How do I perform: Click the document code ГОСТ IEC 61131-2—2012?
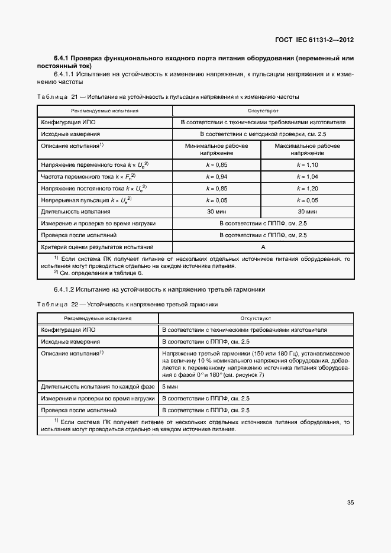314,40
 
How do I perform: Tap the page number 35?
350,503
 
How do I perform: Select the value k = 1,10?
308,166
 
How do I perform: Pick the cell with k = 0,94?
217,177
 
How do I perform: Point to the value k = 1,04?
308,177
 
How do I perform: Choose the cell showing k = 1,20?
308,189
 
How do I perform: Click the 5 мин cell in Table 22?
169,387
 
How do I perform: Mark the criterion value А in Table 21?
263,247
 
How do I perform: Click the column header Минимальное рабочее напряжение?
217,149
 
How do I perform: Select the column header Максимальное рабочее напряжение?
308,149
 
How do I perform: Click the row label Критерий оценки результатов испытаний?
96,247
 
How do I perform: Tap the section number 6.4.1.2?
66,289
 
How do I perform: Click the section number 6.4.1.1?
66,75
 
